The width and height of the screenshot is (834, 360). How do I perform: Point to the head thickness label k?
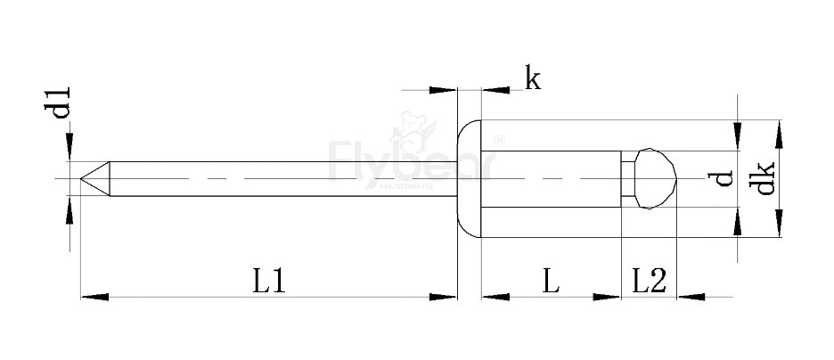pyautogui.click(x=532, y=79)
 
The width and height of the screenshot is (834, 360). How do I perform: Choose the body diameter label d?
pyautogui.click(x=724, y=178)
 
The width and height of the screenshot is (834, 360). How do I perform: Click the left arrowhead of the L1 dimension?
pyautogui.click(x=93, y=295)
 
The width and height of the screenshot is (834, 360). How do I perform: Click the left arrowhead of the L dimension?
pyautogui.click(x=493, y=295)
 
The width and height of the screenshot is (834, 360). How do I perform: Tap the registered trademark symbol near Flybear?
pyautogui.click(x=499, y=140)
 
